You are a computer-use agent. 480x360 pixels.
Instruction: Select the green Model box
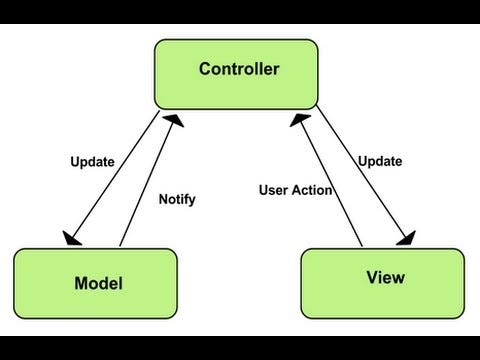(96, 283)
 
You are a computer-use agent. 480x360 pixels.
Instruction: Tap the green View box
(382, 282)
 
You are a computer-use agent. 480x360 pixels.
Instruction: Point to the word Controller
(239, 69)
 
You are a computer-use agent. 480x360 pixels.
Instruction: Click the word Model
(99, 284)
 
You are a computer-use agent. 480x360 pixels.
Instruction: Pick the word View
(385, 277)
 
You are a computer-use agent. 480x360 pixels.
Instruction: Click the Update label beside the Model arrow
(92, 162)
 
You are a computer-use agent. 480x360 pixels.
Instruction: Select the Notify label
(177, 199)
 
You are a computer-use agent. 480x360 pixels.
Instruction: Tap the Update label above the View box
(380, 161)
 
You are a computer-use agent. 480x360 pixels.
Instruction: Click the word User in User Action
(274, 190)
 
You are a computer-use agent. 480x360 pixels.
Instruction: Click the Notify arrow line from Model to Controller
(145, 180)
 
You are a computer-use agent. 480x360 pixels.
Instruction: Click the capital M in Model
(82, 284)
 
